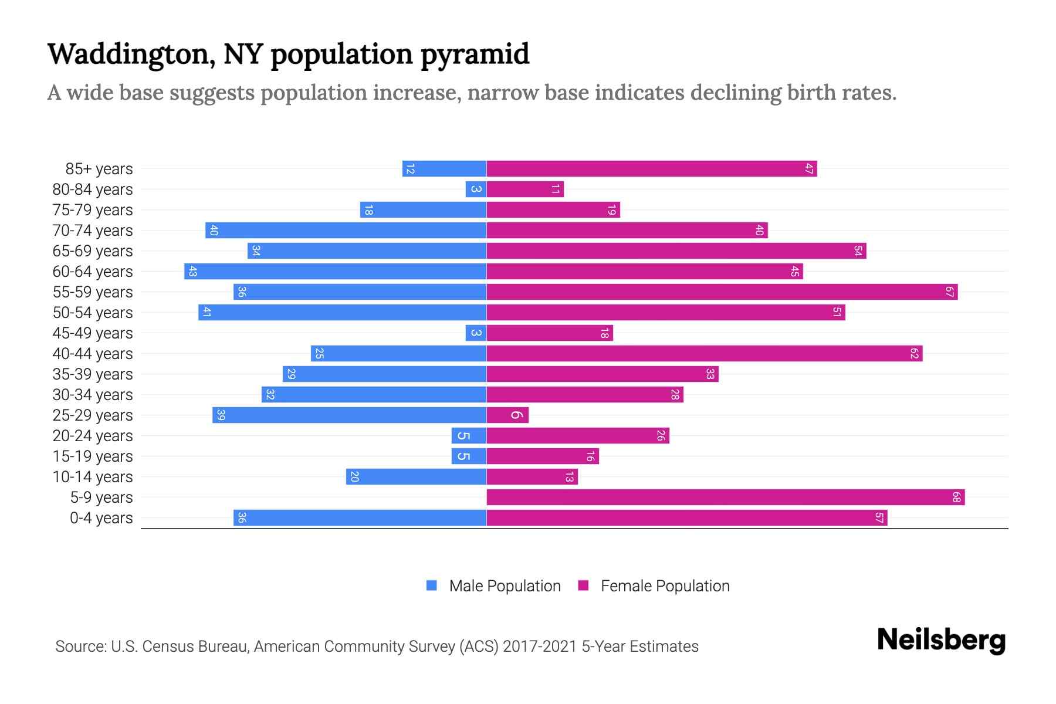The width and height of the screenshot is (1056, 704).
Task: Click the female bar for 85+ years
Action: point(651,169)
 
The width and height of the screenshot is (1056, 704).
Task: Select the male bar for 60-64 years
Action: point(336,272)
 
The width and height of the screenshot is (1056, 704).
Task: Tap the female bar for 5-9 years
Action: point(725,497)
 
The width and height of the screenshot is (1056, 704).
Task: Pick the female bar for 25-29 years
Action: point(507,415)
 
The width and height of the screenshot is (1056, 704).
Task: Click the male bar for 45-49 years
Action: point(476,333)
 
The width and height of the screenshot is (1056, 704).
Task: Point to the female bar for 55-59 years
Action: point(722,292)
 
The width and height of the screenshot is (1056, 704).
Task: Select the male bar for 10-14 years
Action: point(417,477)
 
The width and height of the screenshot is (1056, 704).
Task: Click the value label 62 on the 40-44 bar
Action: point(914,354)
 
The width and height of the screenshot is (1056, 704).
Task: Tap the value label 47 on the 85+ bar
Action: point(809,169)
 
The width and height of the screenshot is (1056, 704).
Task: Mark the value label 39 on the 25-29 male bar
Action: point(221,415)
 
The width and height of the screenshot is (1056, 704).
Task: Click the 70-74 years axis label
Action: point(93,231)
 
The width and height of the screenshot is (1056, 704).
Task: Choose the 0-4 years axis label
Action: point(101,518)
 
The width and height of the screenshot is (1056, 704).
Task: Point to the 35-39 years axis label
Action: point(93,374)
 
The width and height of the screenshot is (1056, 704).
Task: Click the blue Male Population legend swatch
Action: point(432,585)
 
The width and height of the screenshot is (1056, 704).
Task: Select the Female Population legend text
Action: point(665,586)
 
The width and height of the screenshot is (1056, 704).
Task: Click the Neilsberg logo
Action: point(941,640)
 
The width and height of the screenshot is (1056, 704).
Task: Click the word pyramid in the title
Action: point(475,55)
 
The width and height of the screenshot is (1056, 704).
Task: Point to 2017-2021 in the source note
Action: point(540,647)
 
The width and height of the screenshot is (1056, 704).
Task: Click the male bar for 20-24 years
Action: point(469,436)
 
